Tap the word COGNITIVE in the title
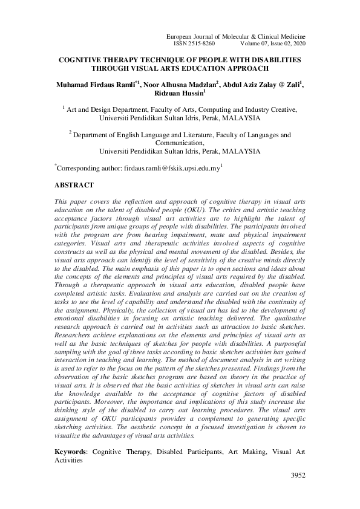[80, 60]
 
